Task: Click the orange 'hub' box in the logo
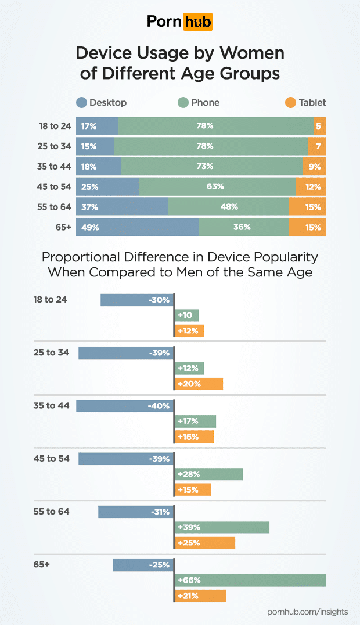(197, 21)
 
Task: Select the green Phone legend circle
(183, 103)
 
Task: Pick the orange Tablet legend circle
(291, 103)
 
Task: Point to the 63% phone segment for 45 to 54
(217, 186)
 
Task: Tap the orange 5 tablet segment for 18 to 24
(319, 126)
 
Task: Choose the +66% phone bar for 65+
(250, 580)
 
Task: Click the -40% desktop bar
(125, 406)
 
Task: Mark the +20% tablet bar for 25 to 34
(199, 383)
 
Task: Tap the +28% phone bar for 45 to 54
(208, 475)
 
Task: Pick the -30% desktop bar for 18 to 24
(137, 300)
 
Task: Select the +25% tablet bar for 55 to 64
(205, 543)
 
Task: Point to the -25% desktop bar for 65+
(143, 565)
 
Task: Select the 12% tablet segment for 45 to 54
(311, 186)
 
